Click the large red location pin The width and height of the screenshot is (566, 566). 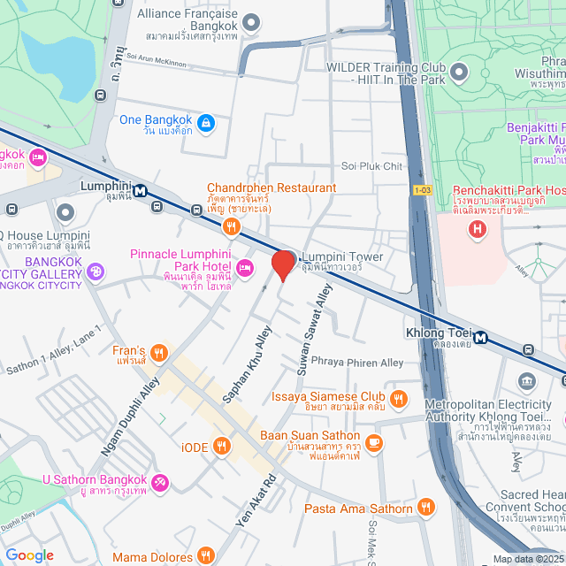click(x=283, y=264)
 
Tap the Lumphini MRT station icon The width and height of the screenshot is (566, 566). click(x=141, y=187)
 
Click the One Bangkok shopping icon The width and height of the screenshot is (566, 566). click(x=206, y=121)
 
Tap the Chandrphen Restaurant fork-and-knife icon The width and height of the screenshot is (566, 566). click(x=232, y=226)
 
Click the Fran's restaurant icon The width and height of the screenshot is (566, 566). click(x=159, y=355)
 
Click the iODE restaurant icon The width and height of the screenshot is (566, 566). click(x=221, y=447)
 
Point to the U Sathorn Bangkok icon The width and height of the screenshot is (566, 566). click(x=159, y=482)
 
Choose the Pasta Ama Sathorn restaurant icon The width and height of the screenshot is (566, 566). click(x=426, y=508)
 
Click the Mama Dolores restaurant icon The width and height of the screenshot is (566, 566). click(x=206, y=556)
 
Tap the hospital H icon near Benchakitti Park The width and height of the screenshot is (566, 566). click(x=478, y=230)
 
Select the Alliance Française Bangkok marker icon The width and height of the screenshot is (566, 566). click(x=251, y=22)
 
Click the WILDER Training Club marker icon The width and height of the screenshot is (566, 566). click(x=458, y=70)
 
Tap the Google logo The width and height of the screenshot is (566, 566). click(x=29, y=555)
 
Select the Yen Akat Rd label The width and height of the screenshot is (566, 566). click(x=256, y=502)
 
